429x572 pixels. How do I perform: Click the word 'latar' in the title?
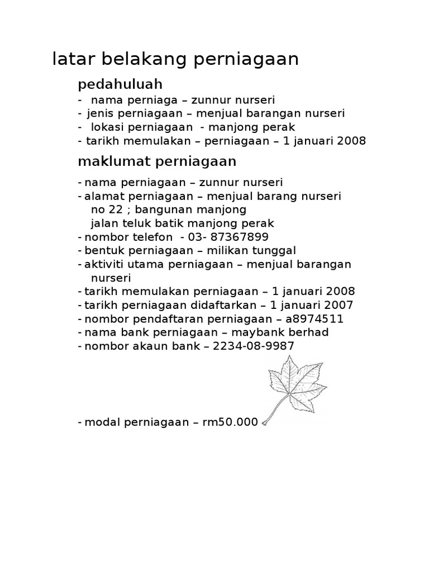71,59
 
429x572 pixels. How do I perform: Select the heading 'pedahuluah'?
120,85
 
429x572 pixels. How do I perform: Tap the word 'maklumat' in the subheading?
107,161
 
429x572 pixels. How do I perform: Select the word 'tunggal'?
276,250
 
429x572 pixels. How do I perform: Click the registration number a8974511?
314,318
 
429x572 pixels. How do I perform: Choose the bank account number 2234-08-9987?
252,346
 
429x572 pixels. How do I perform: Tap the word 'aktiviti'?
103,264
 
